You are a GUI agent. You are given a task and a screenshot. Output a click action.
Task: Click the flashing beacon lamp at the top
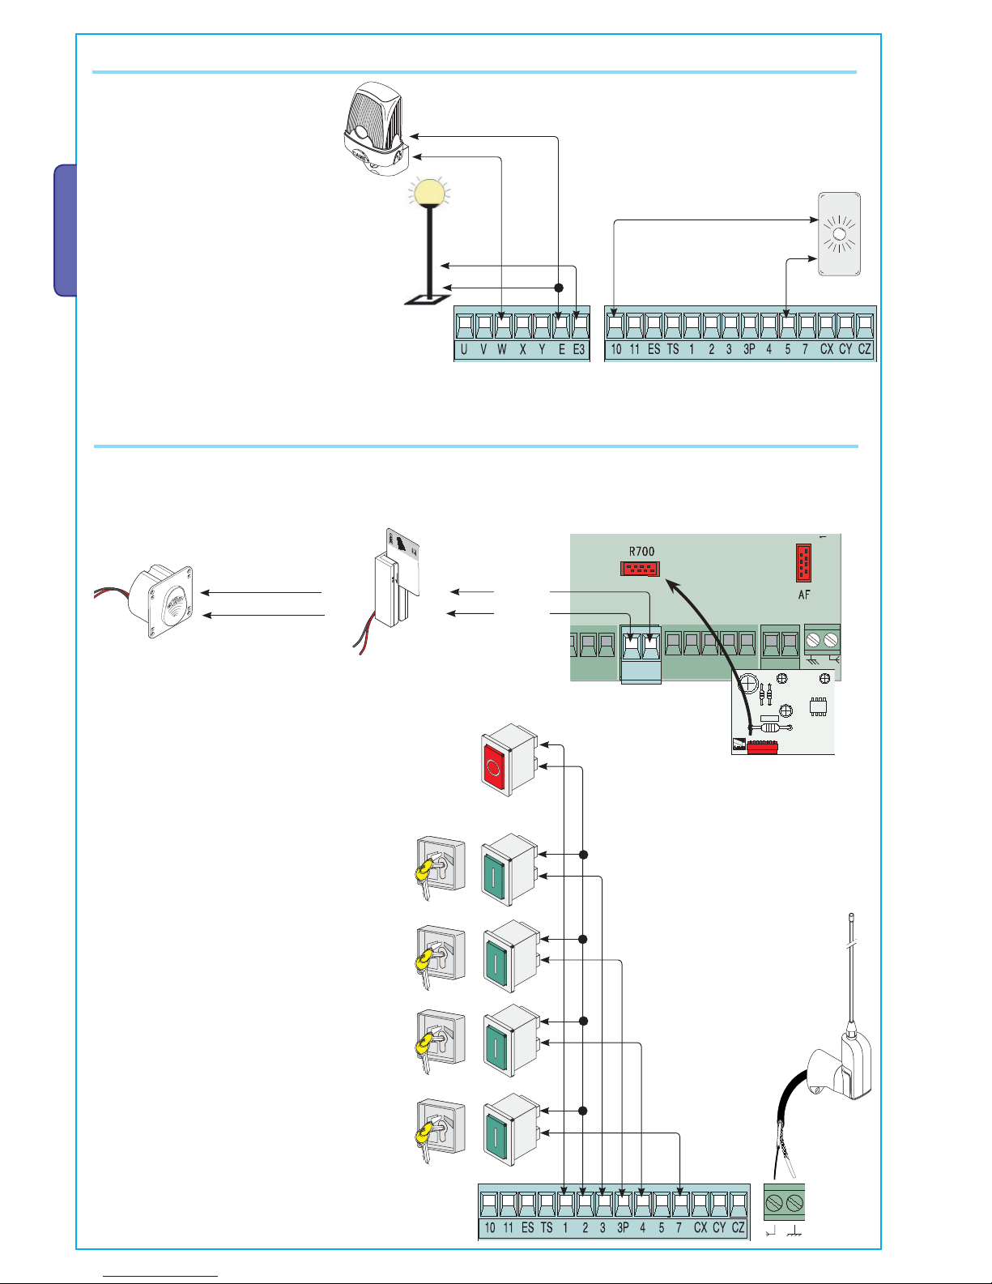374,130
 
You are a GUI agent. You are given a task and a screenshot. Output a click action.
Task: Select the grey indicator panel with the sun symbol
839,235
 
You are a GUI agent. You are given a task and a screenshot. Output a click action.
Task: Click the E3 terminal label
579,350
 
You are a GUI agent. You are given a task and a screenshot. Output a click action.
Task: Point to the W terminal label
502,350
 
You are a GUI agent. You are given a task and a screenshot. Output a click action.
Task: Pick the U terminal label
464,350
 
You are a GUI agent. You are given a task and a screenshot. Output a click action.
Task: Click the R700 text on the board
641,552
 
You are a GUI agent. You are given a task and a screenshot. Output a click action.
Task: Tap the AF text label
804,595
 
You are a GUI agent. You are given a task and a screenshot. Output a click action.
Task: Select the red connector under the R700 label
640,569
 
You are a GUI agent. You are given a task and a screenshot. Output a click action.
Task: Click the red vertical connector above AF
803,563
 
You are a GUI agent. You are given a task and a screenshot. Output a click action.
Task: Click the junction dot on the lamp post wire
558,288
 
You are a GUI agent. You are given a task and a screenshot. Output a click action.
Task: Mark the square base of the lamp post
428,300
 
